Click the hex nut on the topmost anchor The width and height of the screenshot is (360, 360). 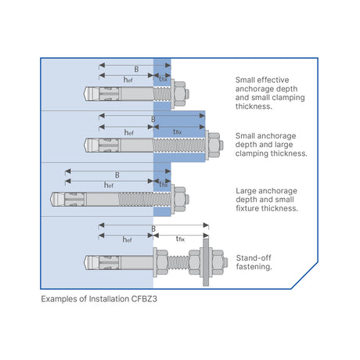click(x=179, y=95)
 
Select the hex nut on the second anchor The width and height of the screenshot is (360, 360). click(x=214, y=145)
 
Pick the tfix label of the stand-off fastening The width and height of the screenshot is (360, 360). click(x=180, y=239)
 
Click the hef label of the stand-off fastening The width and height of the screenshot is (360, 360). click(x=127, y=239)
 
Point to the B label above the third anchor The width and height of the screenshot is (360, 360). click(x=117, y=174)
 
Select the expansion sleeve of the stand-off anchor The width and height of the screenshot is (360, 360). click(x=105, y=261)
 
